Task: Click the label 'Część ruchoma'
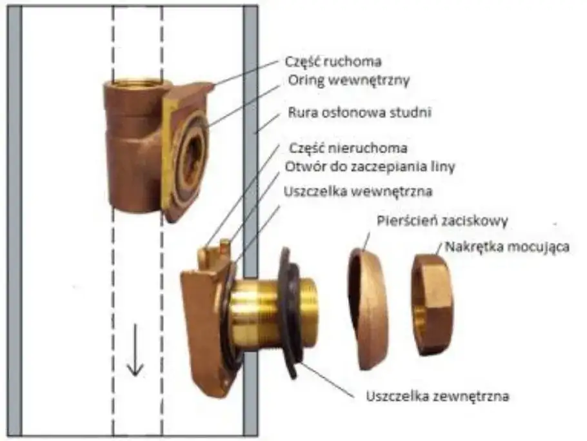(333, 63)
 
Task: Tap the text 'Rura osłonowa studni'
(358, 115)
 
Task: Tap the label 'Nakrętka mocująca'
(505, 246)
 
